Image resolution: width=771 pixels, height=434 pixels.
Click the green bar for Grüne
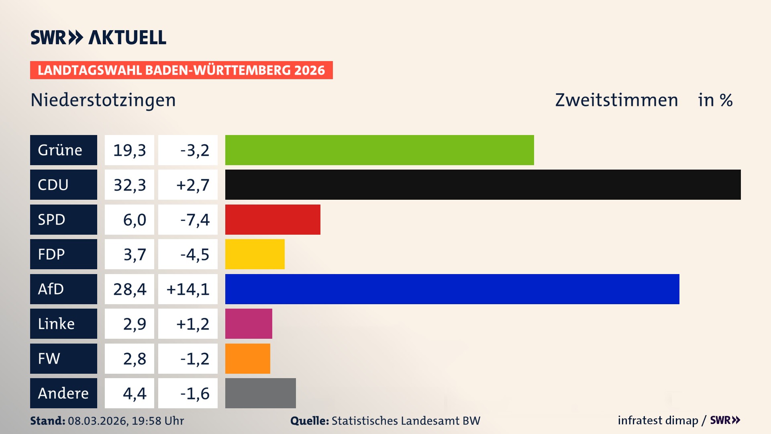379,150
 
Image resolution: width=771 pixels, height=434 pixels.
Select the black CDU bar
483,184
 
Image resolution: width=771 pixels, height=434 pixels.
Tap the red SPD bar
273,219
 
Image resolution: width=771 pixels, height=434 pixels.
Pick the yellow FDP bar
255,254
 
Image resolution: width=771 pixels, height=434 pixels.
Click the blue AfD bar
452,289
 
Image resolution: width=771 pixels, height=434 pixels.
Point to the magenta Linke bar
249,323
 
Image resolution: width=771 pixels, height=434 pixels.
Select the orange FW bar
247,358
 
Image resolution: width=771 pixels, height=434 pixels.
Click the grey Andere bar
260,393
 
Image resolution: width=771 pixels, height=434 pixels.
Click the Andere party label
63,393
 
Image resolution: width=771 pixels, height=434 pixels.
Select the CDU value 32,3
129,185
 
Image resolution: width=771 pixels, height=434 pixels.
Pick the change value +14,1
188,289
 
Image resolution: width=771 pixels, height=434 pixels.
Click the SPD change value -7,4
195,220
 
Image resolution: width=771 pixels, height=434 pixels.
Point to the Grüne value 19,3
129,150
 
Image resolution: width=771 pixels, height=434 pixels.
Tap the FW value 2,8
135,359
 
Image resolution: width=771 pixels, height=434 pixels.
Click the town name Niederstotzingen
103,100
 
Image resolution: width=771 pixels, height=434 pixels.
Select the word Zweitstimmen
616,100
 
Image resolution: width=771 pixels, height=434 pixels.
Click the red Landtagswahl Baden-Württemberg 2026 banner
181,70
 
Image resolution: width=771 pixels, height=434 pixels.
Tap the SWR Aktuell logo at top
98,37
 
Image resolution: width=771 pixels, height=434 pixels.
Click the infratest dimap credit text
658,420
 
